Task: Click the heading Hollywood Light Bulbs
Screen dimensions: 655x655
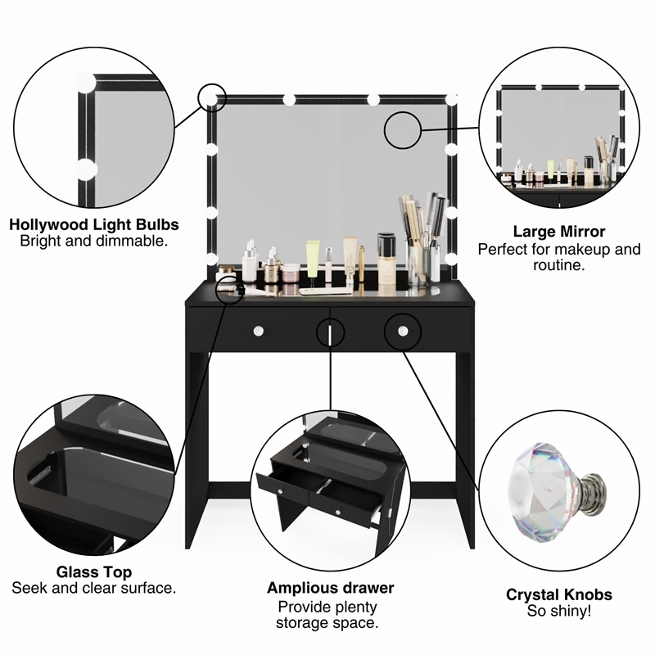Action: tap(94, 224)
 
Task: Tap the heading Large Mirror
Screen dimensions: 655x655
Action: tap(559, 232)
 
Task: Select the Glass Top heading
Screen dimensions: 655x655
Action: tap(94, 571)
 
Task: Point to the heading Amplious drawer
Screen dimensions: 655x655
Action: tap(330, 588)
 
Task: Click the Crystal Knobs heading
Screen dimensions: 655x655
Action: tap(559, 594)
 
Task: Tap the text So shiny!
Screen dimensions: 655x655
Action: tap(559, 611)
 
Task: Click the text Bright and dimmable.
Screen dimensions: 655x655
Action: tap(94, 241)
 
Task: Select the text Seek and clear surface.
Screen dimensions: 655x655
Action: tap(94, 588)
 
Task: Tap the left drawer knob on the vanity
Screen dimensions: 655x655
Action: tap(258, 331)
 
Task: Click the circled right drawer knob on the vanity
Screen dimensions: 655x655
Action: tap(403, 330)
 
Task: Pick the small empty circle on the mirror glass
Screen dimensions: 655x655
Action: tap(403, 129)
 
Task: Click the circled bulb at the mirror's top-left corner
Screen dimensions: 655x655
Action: tap(212, 98)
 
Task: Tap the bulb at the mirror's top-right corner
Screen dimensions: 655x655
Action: tap(452, 99)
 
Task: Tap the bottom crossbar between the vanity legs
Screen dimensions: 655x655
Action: tap(330, 490)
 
